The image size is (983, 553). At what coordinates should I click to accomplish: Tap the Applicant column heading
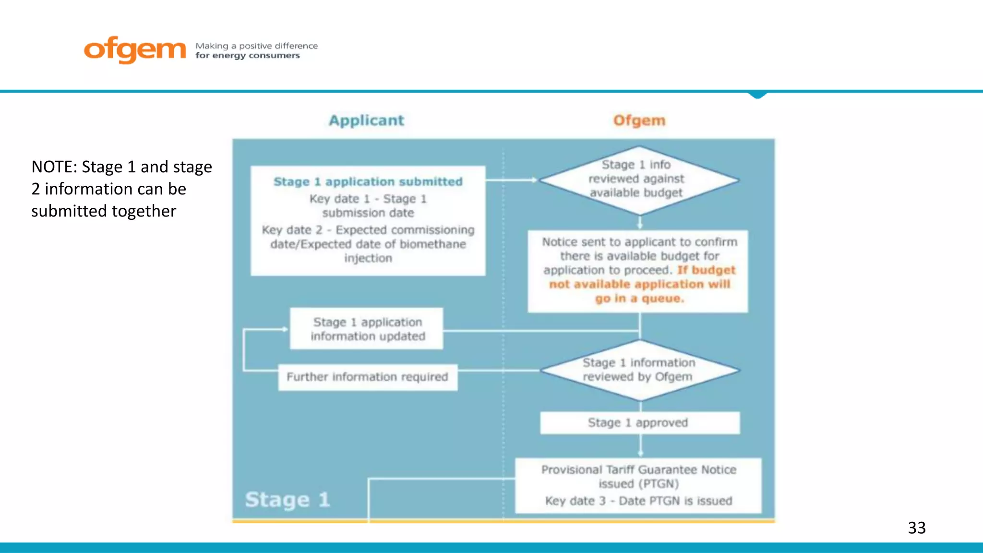(366, 120)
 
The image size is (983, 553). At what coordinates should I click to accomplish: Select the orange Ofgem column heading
(639, 120)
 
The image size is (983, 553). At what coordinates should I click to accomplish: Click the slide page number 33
(916, 528)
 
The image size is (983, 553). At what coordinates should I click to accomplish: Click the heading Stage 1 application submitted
(368, 181)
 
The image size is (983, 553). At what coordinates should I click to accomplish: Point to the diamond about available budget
(638, 180)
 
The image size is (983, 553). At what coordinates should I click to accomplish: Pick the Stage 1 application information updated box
(367, 329)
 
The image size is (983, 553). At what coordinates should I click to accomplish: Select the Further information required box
(368, 377)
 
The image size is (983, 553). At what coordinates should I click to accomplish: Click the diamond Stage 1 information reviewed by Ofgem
(639, 370)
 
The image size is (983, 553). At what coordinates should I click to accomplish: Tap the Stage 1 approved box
(639, 422)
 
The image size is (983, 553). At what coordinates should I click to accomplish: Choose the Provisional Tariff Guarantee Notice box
(638, 485)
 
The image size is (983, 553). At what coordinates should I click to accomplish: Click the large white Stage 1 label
(288, 499)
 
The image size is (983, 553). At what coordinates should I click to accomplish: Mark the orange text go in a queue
(639, 299)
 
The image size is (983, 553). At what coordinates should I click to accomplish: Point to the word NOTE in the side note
(52, 167)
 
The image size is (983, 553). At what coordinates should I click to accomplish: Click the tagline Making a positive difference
(256, 46)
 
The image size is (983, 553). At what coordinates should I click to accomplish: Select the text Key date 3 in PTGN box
(575, 501)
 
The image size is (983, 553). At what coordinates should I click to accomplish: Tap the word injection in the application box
(368, 258)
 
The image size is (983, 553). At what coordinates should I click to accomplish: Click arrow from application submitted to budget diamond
(512, 180)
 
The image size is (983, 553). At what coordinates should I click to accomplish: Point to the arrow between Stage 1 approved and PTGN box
(640, 446)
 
